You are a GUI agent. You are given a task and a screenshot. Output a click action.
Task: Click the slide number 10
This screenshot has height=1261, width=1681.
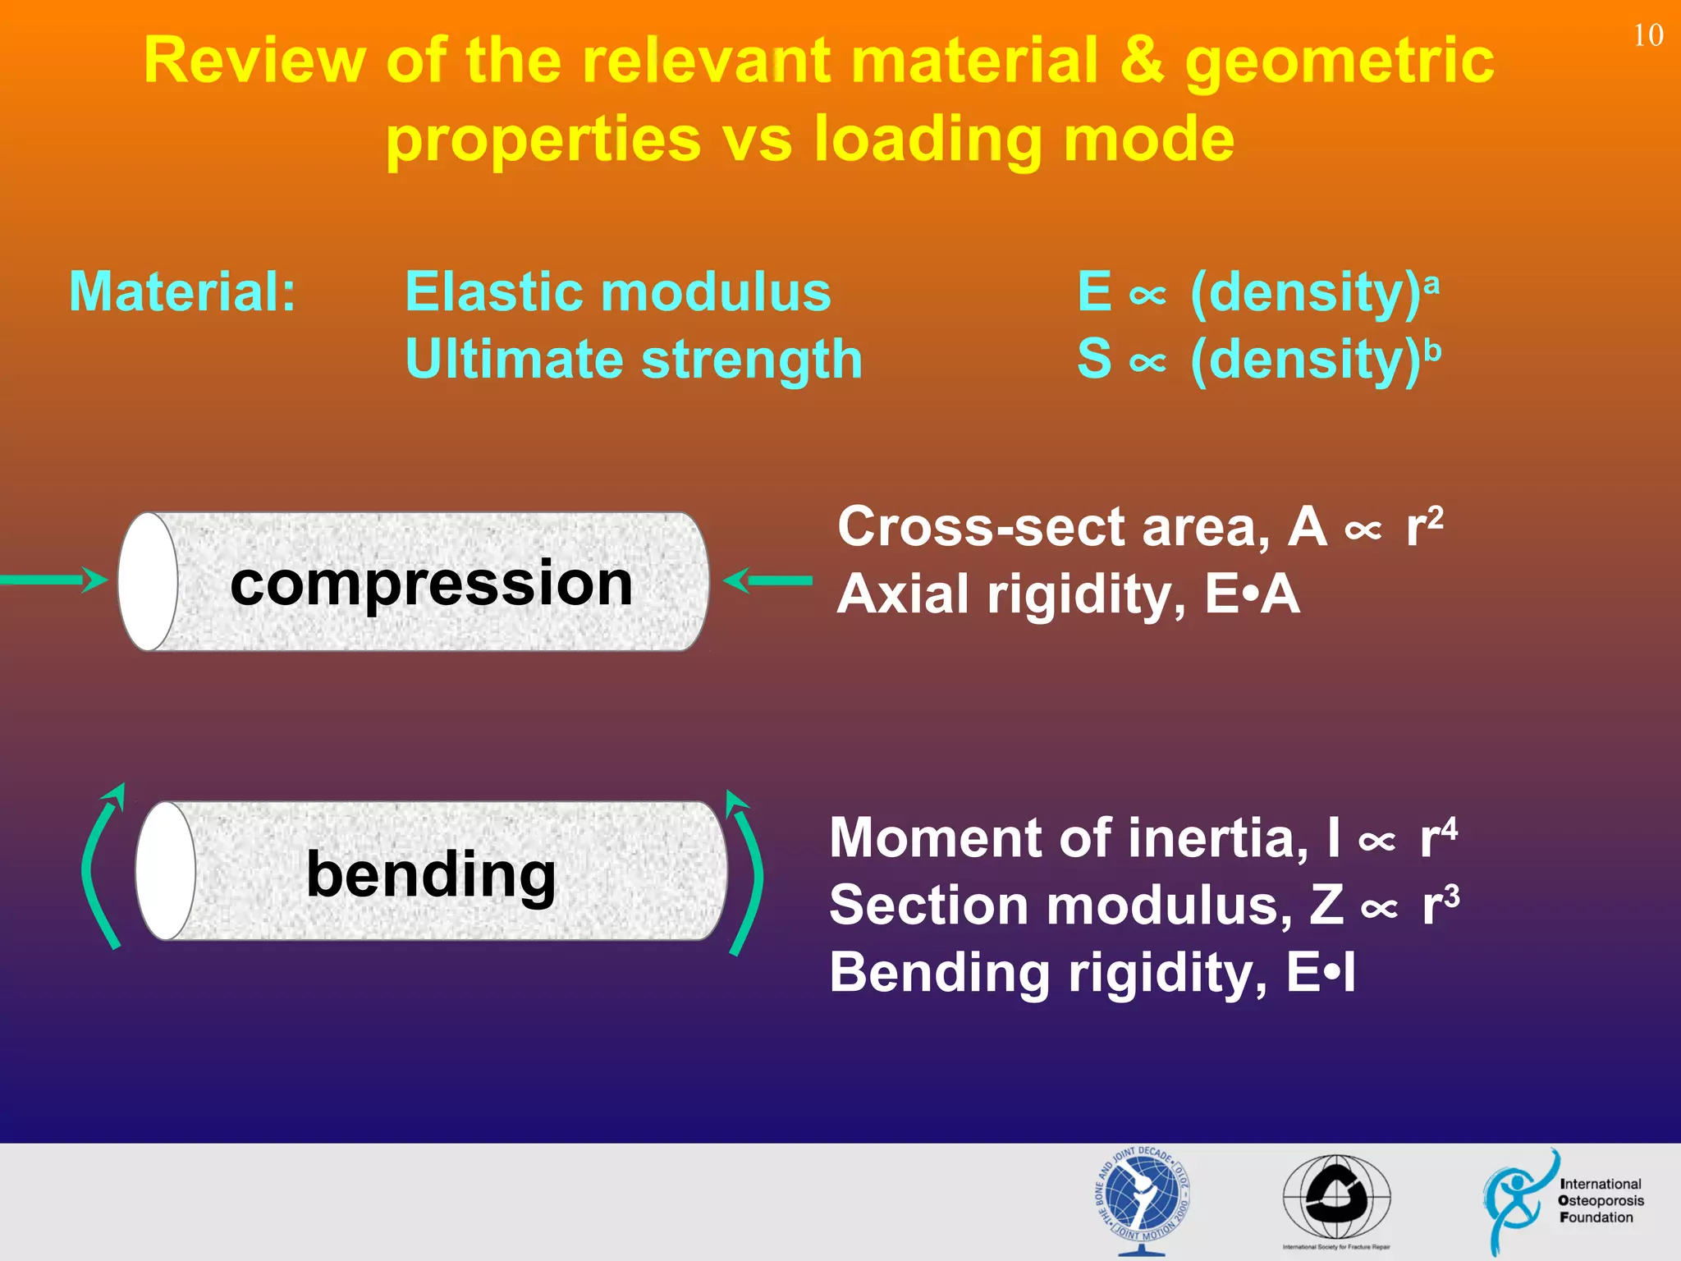1647,35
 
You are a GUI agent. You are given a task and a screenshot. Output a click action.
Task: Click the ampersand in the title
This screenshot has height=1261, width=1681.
1141,60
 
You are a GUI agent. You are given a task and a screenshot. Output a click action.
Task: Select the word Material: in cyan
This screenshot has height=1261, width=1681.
182,291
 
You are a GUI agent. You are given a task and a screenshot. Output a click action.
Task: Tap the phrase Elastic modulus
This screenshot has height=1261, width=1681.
617,291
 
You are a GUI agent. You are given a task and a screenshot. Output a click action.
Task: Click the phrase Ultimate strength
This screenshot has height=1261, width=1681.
634,360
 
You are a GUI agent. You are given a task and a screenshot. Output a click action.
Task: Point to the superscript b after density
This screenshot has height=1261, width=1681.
1432,351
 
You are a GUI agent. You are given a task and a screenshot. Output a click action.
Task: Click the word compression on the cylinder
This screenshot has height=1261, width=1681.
431,583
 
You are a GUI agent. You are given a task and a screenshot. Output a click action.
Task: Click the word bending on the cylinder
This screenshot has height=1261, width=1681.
431,874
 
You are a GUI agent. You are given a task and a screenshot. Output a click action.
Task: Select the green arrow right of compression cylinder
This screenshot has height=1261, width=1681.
767,580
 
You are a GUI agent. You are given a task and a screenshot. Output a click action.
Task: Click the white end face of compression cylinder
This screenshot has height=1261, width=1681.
148,581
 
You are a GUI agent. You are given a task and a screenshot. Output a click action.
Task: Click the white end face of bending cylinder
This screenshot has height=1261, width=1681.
165,871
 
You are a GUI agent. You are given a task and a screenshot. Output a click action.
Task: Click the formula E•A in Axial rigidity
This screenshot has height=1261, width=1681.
1252,594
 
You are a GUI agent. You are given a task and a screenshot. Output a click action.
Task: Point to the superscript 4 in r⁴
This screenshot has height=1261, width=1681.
1450,828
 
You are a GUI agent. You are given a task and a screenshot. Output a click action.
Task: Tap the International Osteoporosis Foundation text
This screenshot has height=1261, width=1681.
1600,1200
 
